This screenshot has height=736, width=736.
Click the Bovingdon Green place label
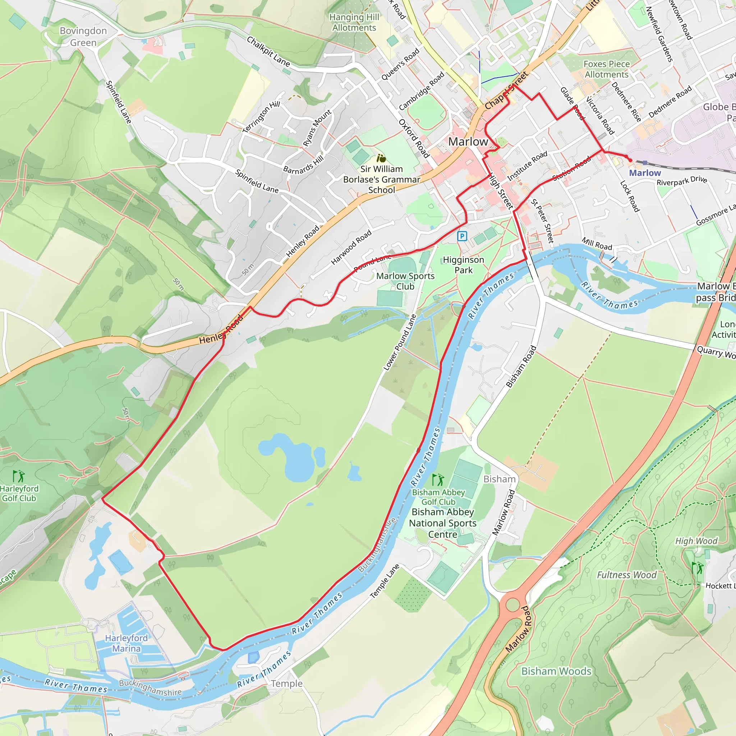click(x=83, y=37)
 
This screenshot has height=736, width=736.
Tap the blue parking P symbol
click(x=462, y=236)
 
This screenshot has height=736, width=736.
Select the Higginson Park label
click(x=463, y=265)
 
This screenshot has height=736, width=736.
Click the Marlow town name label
click(x=468, y=142)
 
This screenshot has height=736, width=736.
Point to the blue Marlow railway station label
click(x=645, y=173)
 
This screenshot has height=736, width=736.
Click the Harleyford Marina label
click(x=126, y=643)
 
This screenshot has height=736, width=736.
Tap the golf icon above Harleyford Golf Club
click(x=18, y=476)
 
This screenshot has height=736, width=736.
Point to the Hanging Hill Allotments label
click(x=354, y=23)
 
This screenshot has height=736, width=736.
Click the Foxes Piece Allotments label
click(x=607, y=69)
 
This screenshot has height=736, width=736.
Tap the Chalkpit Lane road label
click(x=268, y=51)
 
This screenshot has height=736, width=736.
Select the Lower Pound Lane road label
click(x=400, y=342)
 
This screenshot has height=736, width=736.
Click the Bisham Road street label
click(x=521, y=367)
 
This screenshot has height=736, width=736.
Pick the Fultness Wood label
click(x=626, y=575)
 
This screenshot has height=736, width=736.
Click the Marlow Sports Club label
click(x=405, y=281)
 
